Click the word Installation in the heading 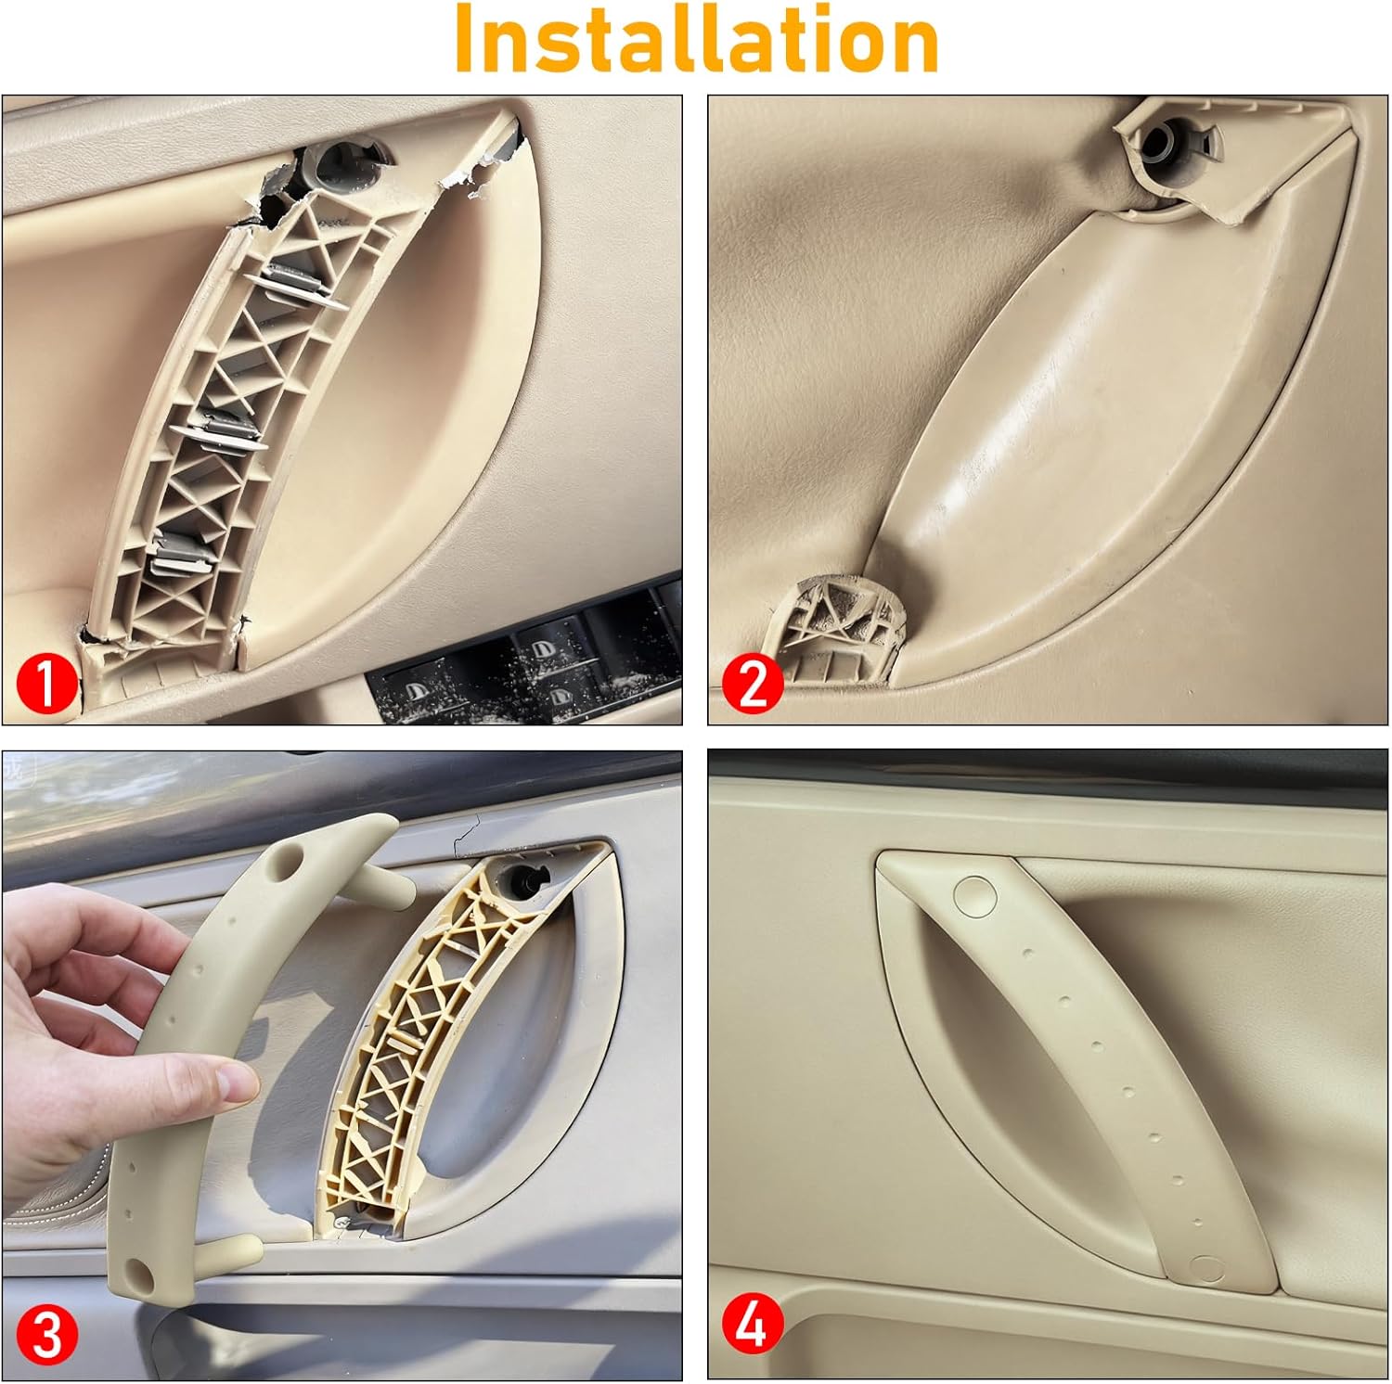(x=696, y=39)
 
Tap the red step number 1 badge (x=45, y=684)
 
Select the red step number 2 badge (x=753, y=684)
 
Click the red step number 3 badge (x=45, y=1336)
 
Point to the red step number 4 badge (x=753, y=1325)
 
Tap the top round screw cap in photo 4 (x=974, y=893)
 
